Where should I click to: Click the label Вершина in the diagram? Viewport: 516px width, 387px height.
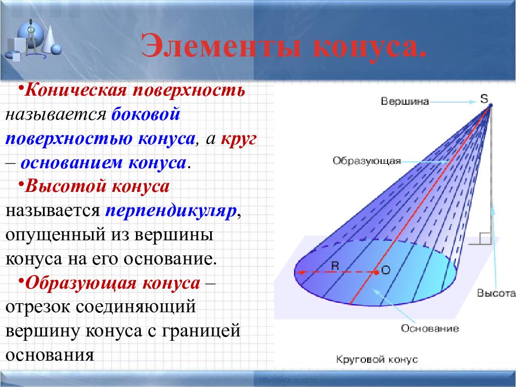tap(405, 101)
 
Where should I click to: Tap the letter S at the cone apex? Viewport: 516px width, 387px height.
tap(484, 98)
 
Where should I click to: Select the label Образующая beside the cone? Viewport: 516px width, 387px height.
tap(367, 161)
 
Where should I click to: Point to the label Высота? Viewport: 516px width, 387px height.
tap(496, 293)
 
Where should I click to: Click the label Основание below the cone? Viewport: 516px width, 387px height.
tap(430, 328)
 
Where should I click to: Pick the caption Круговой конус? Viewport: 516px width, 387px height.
tap(377, 359)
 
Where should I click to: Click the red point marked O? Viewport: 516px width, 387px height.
tap(376, 272)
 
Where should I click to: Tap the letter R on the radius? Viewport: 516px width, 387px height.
tap(335, 266)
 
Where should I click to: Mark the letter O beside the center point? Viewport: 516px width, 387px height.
tap(386, 270)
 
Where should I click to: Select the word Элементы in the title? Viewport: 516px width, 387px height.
tap(220, 45)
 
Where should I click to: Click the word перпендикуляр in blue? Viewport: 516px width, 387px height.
tap(171, 211)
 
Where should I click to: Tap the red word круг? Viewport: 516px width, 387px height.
tap(239, 139)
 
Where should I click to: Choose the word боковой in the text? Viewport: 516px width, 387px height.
tap(146, 114)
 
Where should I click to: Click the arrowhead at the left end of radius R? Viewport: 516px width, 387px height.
tap(299, 273)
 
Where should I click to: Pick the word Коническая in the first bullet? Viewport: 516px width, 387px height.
tap(76, 90)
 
